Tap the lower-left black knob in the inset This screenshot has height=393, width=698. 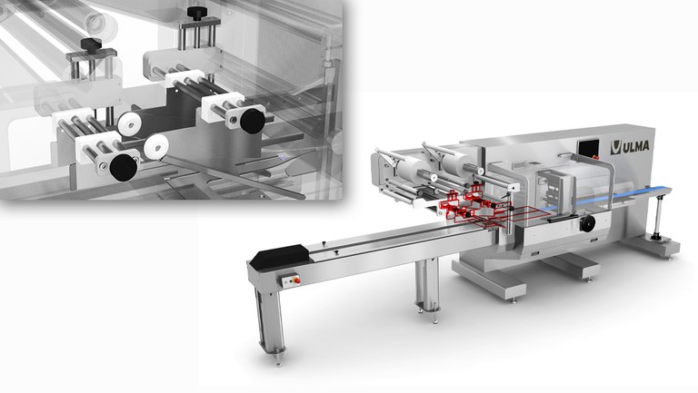coord(122,165)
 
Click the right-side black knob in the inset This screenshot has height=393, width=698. coord(249,118)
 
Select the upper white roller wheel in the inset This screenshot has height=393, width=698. coord(126,123)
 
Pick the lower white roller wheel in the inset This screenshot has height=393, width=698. coord(156,145)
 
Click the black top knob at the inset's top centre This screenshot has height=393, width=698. coord(194,13)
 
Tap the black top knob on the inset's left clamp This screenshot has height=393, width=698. coord(89,44)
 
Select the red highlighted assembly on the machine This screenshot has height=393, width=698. coord(473,205)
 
